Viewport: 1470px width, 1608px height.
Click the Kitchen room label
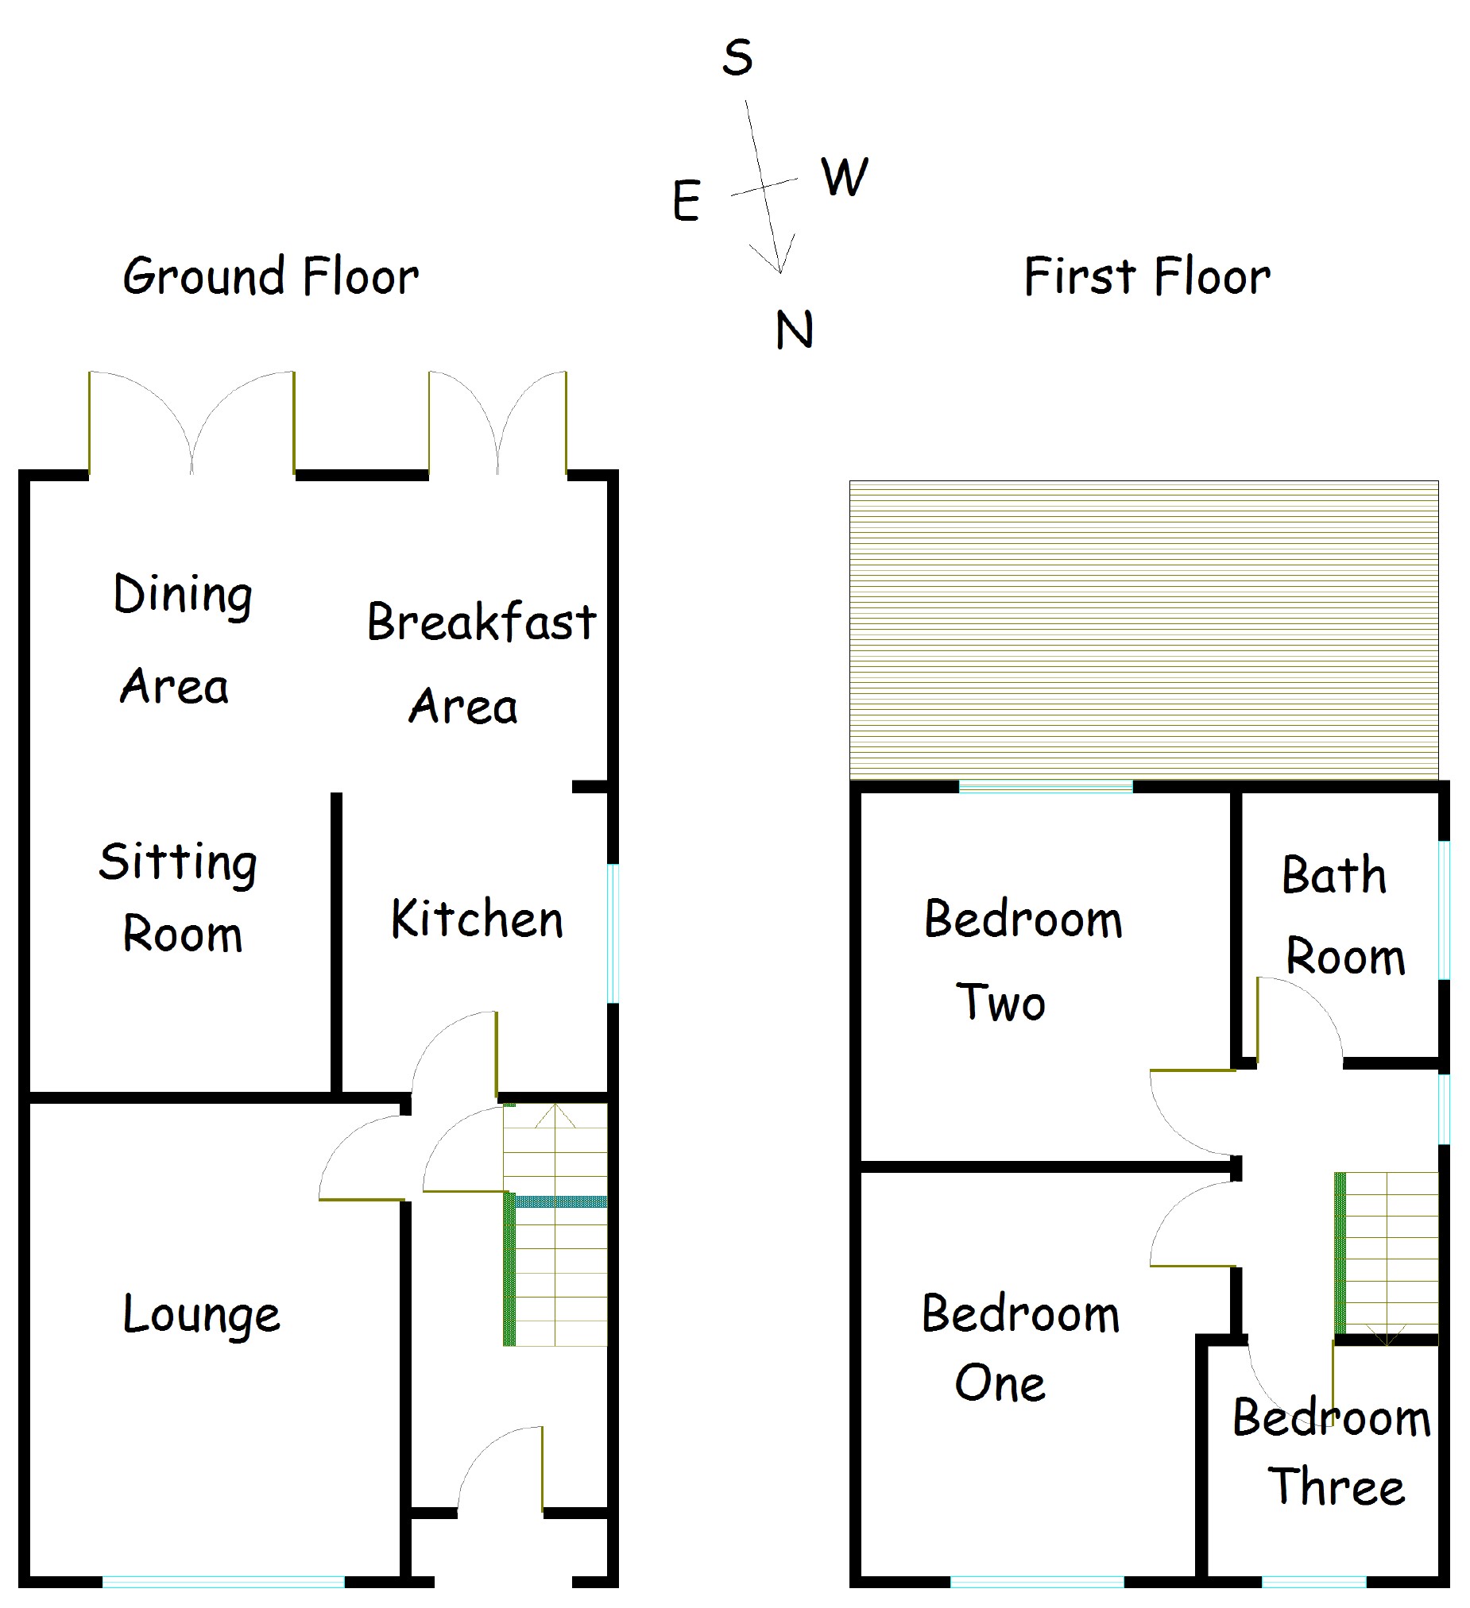477,919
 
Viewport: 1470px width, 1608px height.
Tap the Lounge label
201,1315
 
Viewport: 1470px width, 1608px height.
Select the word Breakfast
482,621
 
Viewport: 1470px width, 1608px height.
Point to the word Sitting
178,863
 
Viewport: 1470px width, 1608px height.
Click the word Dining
183,595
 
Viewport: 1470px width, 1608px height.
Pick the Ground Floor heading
270,277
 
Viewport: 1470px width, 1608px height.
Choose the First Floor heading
1147,277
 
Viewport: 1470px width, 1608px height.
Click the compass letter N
794,330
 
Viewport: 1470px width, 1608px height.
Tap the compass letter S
737,58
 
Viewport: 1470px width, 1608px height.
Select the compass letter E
687,201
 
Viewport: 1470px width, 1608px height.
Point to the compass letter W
845,176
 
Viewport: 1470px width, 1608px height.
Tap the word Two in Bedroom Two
1000,1003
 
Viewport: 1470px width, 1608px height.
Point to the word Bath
1333,875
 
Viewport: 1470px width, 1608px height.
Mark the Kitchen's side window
613,932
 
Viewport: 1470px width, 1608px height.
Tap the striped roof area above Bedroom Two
1143,630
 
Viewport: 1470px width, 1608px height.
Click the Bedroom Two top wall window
1046,787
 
